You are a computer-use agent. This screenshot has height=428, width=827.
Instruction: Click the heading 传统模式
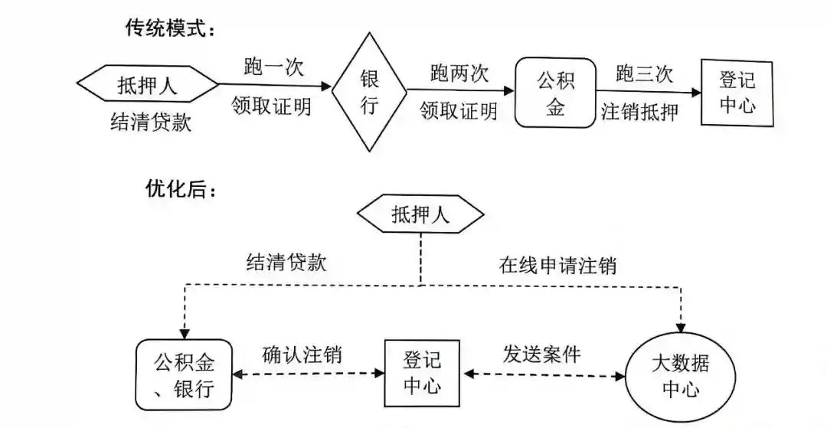[x=171, y=28]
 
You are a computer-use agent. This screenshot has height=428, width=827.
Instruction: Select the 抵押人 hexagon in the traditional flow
[x=148, y=85]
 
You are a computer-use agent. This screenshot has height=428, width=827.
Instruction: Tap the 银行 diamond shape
[x=370, y=93]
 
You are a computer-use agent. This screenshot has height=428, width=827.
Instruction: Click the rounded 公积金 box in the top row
[x=556, y=93]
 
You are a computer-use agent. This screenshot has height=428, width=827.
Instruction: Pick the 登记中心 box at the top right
[x=737, y=93]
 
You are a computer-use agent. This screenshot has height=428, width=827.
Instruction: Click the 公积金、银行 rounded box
[x=184, y=375]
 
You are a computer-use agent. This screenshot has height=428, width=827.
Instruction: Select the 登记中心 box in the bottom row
[x=422, y=373]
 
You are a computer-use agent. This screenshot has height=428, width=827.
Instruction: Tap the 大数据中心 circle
[x=681, y=374]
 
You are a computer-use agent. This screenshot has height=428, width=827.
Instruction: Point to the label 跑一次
[x=273, y=67]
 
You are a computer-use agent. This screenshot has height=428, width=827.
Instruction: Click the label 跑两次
[x=459, y=74]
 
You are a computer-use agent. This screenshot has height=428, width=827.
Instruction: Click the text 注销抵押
[x=640, y=112]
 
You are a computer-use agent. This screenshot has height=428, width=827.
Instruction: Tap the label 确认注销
[x=302, y=354]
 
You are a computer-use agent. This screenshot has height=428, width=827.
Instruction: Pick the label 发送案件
[x=541, y=354]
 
